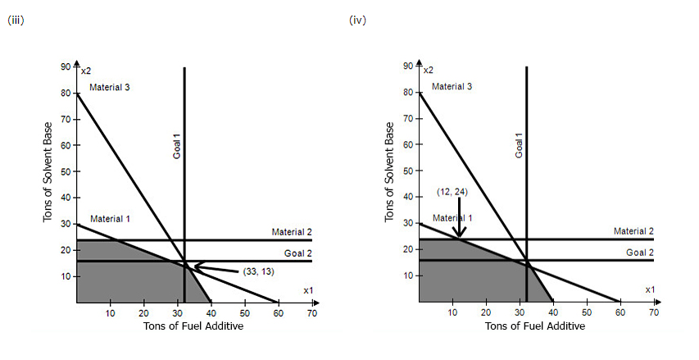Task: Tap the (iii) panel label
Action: coord(14,21)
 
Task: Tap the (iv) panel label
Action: coord(357,21)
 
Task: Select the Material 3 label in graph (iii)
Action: coord(110,87)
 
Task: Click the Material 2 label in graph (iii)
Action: coord(292,232)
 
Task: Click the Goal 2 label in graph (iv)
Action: coord(640,253)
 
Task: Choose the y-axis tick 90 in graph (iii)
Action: coord(66,66)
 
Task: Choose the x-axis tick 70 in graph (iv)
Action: coord(654,312)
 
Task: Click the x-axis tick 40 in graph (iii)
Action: coord(211,312)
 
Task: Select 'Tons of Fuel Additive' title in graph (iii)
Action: coord(193,326)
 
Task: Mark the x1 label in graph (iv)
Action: coord(650,289)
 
